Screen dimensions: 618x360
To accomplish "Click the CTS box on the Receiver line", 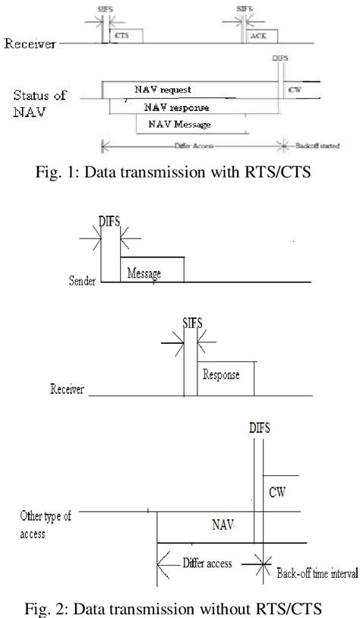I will [120, 36].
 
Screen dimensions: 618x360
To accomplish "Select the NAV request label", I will [160, 90].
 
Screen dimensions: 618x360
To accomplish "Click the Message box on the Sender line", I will [151, 273].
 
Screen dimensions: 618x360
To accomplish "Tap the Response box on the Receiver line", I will [226, 375].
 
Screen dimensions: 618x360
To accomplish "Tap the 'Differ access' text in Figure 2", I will [206, 564].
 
